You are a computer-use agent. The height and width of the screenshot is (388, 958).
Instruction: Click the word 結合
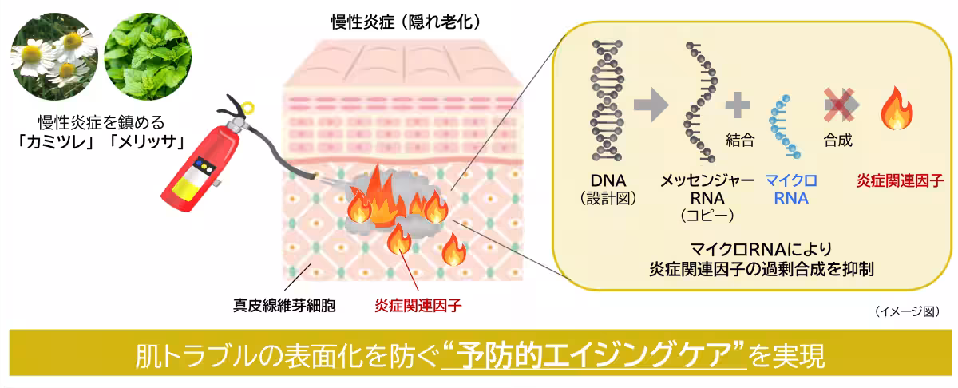(x=739, y=141)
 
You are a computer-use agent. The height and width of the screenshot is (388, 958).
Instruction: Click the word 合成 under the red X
(x=837, y=141)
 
